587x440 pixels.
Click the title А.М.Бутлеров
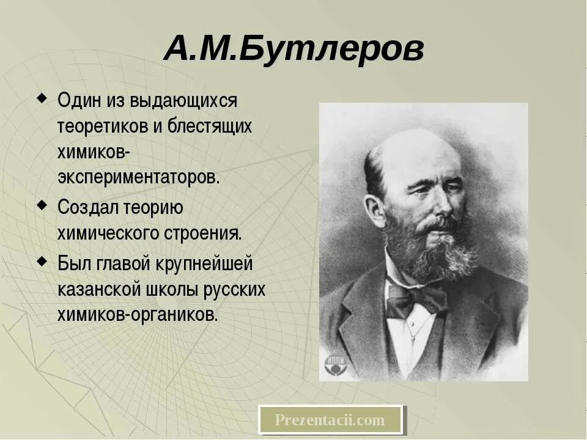[293, 50]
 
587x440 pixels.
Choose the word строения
[205, 233]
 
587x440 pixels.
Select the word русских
[240, 290]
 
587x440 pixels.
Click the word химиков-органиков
[138, 315]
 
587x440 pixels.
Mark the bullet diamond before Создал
[41, 205]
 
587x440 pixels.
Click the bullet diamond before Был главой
[41, 262]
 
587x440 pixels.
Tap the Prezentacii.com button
[330, 420]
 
